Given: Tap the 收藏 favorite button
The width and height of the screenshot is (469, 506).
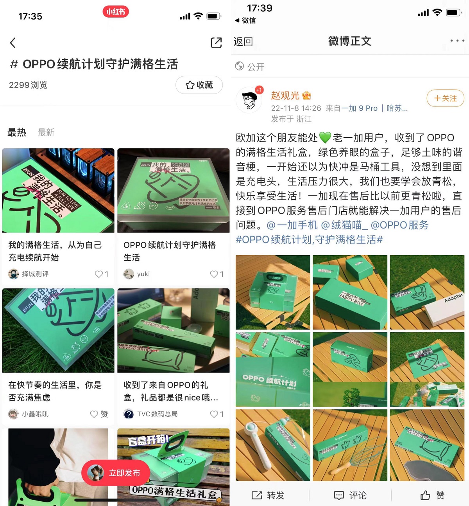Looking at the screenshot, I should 199,85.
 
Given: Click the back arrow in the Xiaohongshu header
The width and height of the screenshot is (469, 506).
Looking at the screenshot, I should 13,43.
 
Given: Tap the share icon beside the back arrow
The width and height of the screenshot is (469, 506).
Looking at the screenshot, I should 216,43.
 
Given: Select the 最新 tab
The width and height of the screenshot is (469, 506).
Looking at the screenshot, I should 46,132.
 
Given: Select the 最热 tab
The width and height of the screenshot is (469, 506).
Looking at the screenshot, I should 17,132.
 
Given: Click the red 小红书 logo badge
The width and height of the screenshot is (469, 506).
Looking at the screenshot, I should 116,12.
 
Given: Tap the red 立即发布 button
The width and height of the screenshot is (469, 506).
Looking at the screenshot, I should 116,473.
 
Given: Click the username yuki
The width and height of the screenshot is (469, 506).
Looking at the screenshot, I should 143,274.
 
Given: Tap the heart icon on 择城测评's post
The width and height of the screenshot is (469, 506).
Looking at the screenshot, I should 99,274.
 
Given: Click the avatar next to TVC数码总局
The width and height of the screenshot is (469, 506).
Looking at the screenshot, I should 129,414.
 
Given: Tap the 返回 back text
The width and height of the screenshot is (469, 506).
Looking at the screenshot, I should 243,41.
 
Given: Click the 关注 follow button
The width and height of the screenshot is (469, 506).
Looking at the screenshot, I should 445,98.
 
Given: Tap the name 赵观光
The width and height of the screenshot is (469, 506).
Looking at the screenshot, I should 285,95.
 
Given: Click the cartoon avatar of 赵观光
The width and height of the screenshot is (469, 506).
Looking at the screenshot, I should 249,100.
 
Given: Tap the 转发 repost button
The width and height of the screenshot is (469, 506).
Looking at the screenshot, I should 268,495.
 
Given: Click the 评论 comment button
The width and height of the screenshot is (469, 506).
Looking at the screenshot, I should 350,495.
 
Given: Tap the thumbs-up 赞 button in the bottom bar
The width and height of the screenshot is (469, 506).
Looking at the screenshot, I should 432,495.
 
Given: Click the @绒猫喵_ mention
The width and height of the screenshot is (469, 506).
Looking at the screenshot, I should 344,225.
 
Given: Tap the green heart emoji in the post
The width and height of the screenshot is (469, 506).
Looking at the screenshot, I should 325,138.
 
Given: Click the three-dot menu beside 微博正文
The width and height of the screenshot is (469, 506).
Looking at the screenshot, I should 457,41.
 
